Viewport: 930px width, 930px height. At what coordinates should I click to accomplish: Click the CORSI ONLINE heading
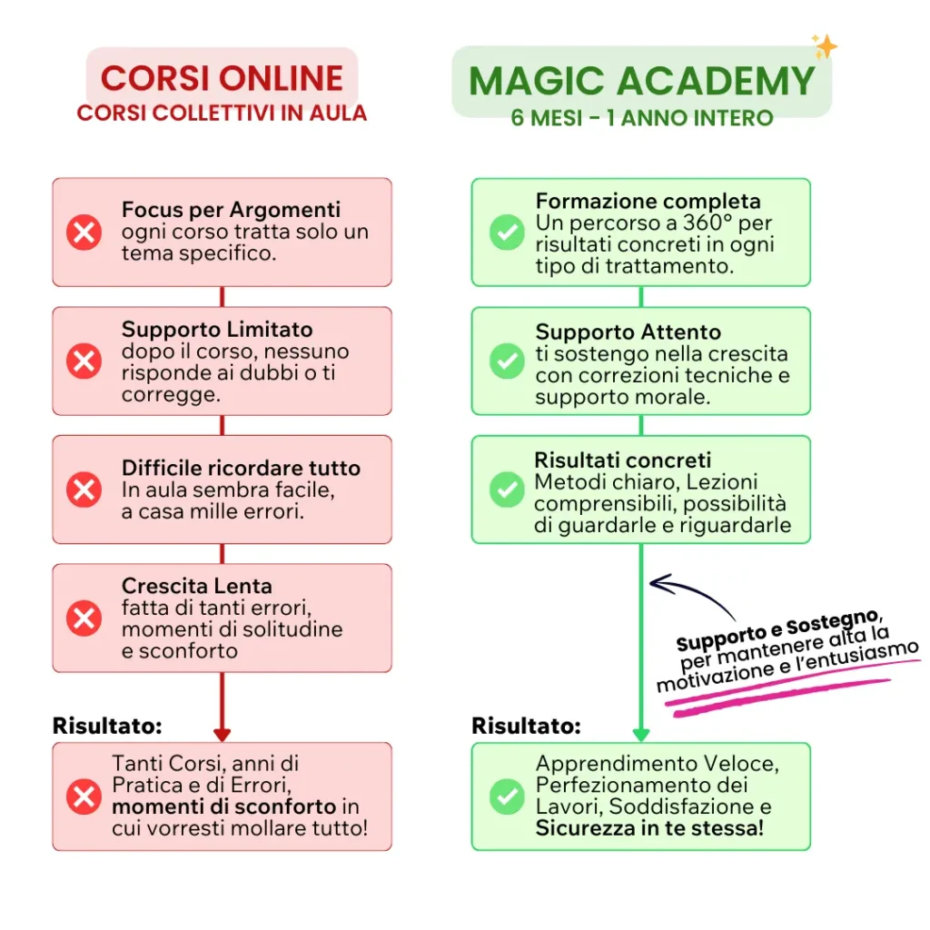[222, 78]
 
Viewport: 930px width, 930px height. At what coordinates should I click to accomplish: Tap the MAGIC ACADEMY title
[642, 81]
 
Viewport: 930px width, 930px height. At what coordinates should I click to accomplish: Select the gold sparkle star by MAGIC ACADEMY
[825, 46]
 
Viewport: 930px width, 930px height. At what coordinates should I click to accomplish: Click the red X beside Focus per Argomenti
[84, 232]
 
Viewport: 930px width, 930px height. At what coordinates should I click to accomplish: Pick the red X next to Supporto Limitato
[84, 361]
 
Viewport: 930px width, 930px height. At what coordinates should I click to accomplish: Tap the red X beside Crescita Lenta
[84, 618]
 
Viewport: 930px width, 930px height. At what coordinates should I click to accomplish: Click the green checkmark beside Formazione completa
[507, 232]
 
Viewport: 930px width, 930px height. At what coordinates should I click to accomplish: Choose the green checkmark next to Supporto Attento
[507, 361]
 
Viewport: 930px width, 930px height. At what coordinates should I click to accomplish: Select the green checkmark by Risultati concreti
[507, 490]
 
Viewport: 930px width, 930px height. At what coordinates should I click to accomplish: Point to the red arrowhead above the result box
[222, 734]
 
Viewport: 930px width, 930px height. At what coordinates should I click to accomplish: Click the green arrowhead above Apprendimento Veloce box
[641, 734]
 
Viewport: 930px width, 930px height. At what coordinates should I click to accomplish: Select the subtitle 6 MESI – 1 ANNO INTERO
[642, 118]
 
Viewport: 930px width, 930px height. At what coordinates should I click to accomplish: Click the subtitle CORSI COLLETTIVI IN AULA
[222, 114]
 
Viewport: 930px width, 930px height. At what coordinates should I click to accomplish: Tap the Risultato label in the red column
[107, 726]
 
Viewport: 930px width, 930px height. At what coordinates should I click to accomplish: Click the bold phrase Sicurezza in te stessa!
[649, 828]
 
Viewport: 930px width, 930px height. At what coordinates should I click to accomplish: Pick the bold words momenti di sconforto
[224, 806]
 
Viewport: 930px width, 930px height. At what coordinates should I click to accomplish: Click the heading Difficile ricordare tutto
[241, 468]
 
